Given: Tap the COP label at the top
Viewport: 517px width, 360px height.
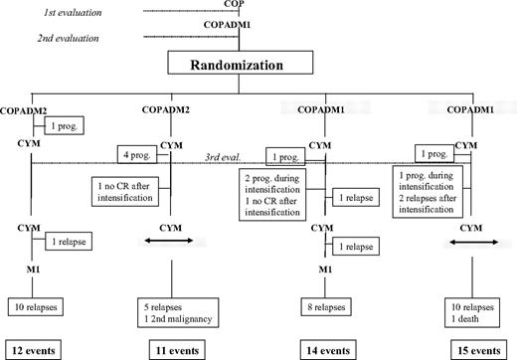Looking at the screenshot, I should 238,5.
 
